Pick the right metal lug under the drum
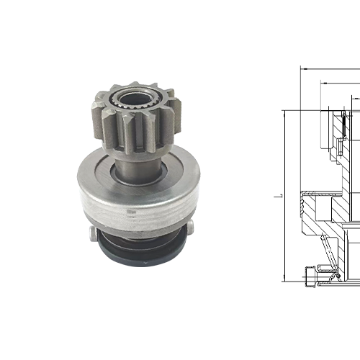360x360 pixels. pos(190,229)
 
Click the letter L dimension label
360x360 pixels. pos(276,195)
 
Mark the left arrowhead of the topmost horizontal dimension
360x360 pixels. pos(303,70)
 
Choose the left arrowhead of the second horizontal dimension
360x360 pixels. pos(318,82)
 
